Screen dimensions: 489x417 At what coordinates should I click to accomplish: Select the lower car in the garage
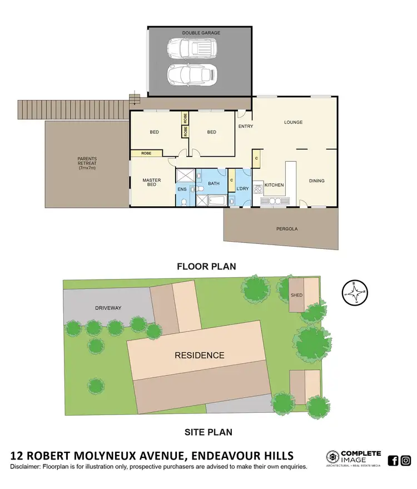pyautogui.click(x=191, y=74)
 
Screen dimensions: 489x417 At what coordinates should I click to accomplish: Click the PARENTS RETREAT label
pyautogui.click(x=87, y=163)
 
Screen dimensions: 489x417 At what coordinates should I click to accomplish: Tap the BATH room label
pyautogui.click(x=214, y=183)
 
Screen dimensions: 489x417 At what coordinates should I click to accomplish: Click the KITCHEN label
pyautogui.click(x=274, y=185)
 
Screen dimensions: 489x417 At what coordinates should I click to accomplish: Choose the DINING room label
pyautogui.click(x=317, y=181)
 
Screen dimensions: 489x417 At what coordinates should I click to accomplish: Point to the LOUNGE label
pyautogui.click(x=293, y=122)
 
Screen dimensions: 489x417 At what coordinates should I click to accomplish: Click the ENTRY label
pyautogui.click(x=245, y=127)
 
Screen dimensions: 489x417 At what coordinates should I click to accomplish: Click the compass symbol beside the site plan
pyautogui.click(x=355, y=292)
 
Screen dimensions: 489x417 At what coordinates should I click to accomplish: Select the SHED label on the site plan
pyautogui.click(x=297, y=295)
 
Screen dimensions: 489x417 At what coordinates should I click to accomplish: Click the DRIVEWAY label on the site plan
pyautogui.click(x=107, y=308)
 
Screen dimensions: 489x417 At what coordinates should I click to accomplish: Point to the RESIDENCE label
pyautogui.click(x=200, y=356)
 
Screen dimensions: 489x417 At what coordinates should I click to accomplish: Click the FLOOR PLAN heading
pyautogui.click(x=206, y=267)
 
